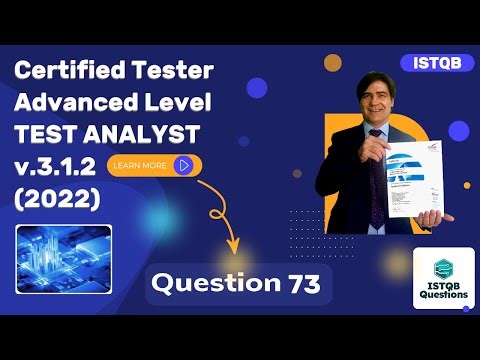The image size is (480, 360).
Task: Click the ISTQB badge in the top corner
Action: click(x=436, y=62)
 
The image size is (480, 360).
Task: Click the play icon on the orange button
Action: click(x=183, y=165)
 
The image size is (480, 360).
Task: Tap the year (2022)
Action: click(x=58, y=199)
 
